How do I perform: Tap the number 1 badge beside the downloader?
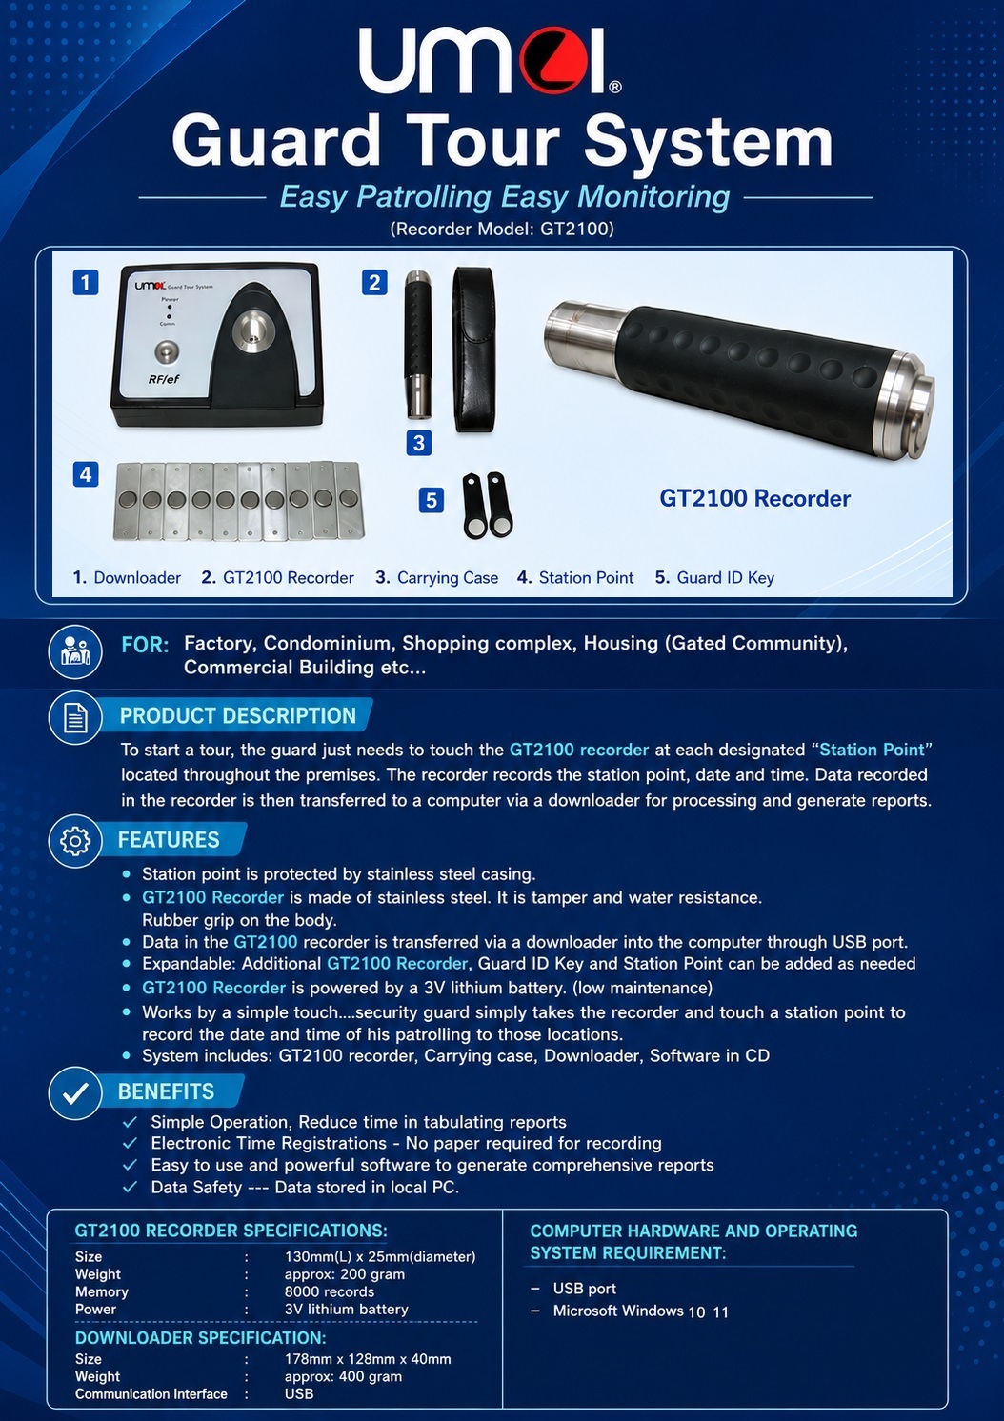click(x=86, y=282)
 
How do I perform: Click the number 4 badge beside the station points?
click(x=86, y=474)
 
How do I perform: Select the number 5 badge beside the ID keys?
click(x=431, y=500)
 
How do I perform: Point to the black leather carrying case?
click(x=474, y=350)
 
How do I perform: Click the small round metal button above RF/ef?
click(x=166, y=351)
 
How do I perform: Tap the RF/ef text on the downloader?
click(x=164, y=379)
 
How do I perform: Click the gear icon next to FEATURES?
click(x=75, y=841)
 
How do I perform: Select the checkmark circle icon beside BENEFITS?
click(x=75, y=1093)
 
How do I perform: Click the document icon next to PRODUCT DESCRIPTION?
click(x=75, y=717)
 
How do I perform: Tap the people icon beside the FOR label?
click(x=75, y=651)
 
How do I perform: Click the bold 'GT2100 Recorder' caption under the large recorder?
click(x=754, y=499)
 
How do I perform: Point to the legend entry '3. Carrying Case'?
click(x=436, y=578)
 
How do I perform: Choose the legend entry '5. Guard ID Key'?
click(x=714, y=578)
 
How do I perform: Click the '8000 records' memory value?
click(x=330, y=1291)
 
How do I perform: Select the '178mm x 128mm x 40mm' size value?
click(x=368, y=1359)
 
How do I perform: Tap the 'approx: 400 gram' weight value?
click(x=343, y=1376)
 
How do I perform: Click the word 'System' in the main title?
click(x=708, y=142)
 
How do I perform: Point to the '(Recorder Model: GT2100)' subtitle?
click(x=502, y=229)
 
